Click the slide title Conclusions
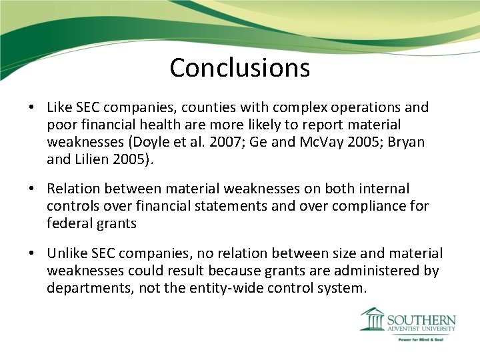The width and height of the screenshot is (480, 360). tap(239, 67)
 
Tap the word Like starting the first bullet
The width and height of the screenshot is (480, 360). tap(59, 107)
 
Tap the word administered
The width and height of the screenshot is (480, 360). tap(377, 271)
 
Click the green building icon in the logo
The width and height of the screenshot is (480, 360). tap(372, 319)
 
